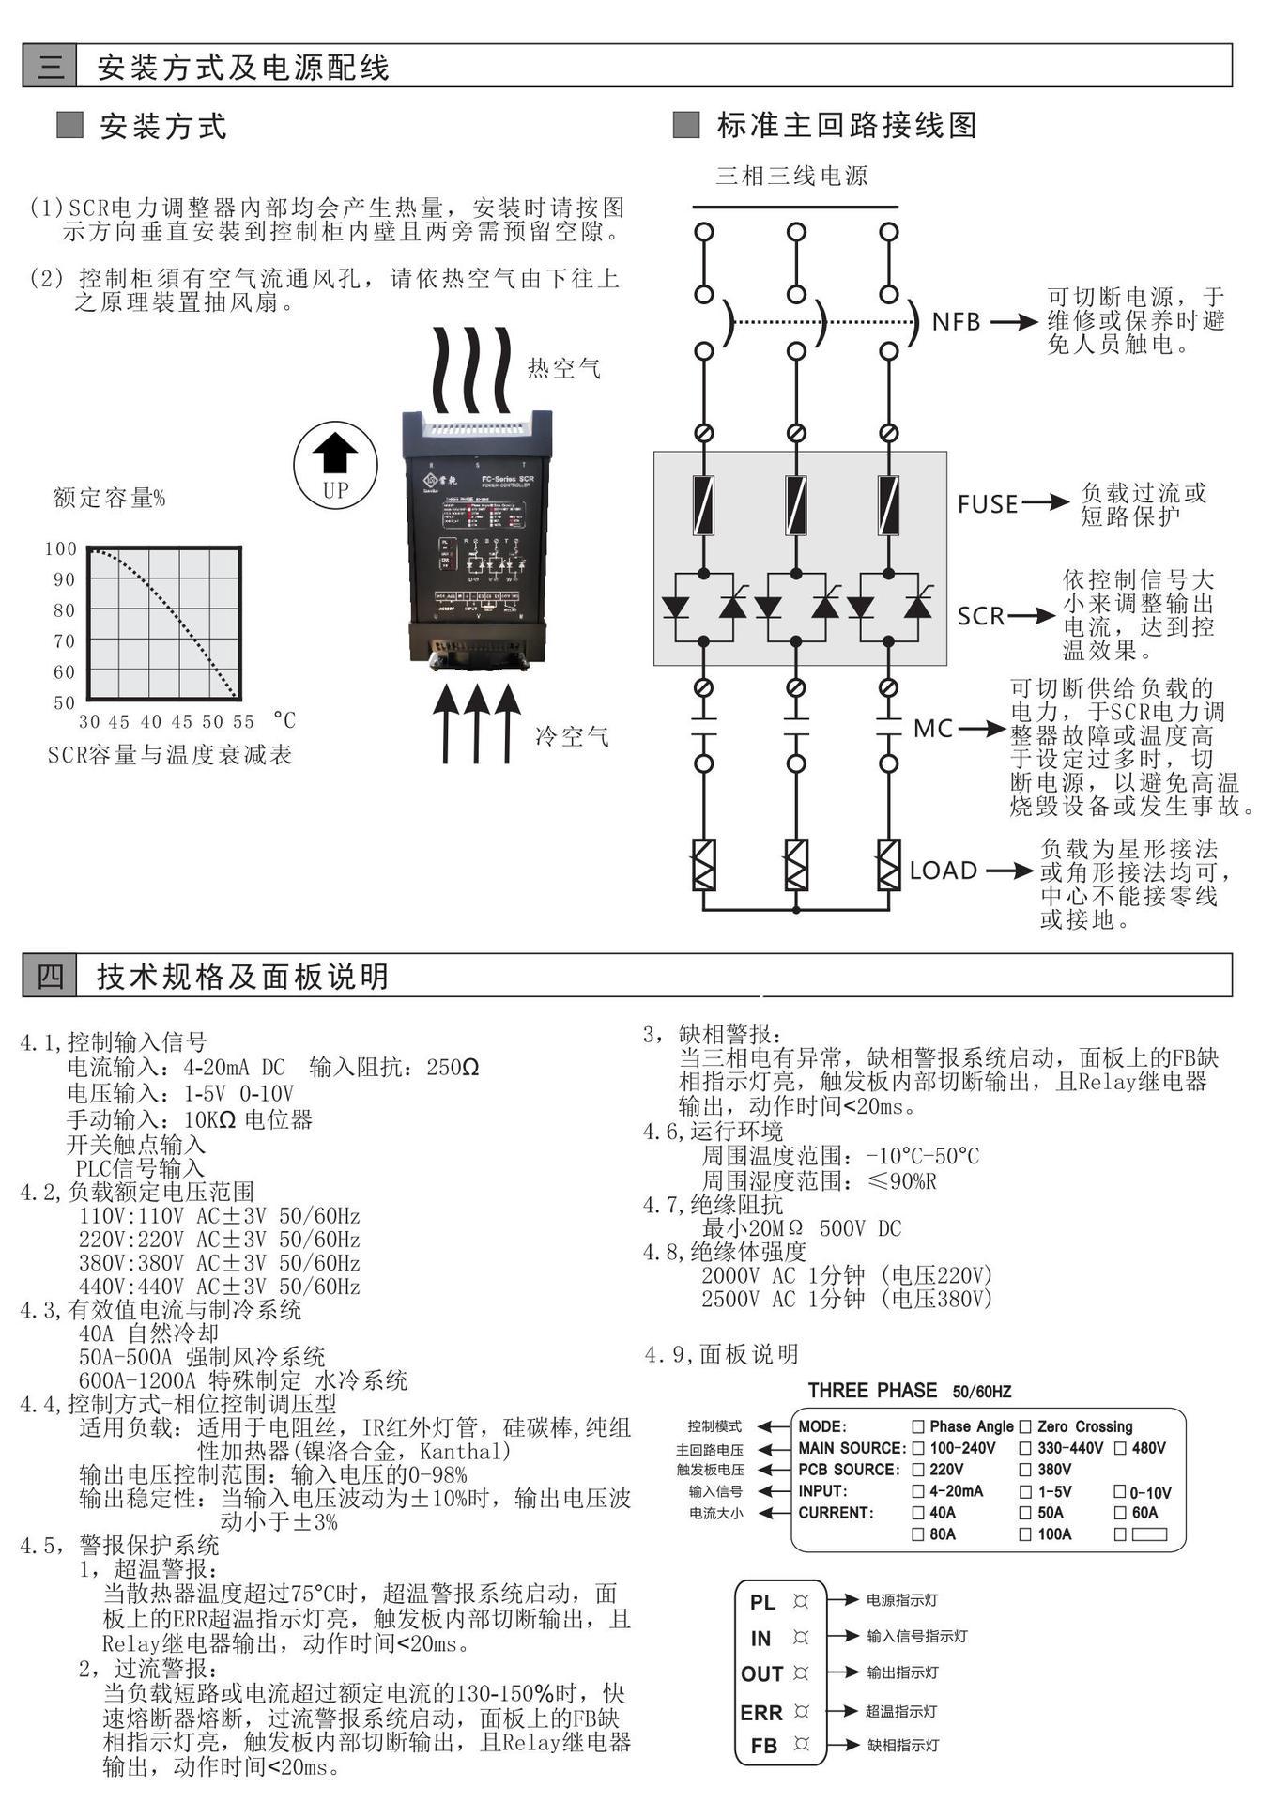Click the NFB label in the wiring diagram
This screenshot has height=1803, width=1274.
tap(956, 322)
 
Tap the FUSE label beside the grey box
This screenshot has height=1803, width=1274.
tap(988, 504)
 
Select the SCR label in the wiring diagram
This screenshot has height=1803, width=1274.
tap(981, 616)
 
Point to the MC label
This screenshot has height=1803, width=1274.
tap(933, 729)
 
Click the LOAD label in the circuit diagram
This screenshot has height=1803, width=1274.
tap(944, 871)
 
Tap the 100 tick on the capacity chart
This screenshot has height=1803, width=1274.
tap(61, 549)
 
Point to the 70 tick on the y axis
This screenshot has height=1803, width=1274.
tap(64, 641)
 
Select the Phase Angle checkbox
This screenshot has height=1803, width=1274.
tap(918, 1426)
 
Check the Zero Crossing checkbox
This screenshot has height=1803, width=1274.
tap(1026, 1426)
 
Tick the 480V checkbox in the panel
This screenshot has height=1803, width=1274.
tap(1120, 1448)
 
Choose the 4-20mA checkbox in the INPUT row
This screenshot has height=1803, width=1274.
tap(918, 1491)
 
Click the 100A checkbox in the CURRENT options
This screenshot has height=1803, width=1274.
tap(1026, 1534)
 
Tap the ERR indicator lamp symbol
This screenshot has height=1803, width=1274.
tap(801, 1712)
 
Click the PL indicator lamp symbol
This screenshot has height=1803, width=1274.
tap(801, 1601)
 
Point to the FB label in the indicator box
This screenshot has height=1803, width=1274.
tap(764, 1746)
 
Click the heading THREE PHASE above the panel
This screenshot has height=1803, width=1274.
tap(872, 1391)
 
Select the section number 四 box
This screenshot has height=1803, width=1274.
tap(49, 977)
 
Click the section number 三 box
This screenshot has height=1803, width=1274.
tap(49, 67)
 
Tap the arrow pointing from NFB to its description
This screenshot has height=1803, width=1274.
tap(1014, 322)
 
